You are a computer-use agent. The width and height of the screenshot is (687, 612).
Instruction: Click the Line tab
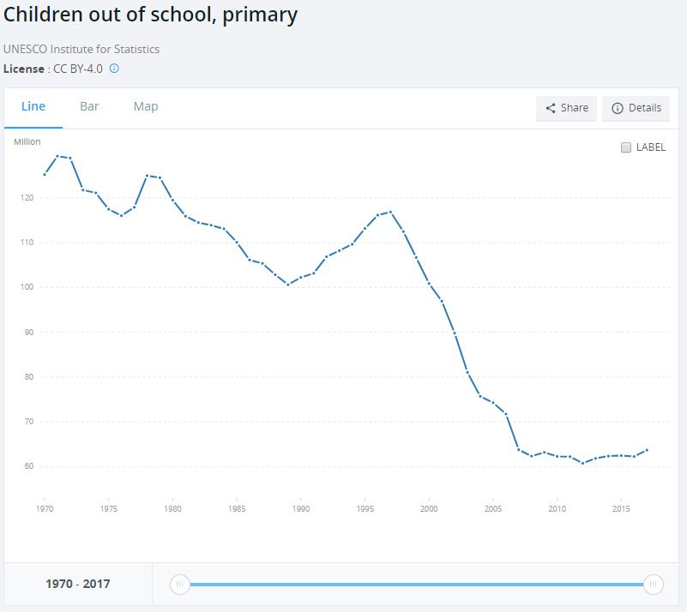[x=33, y=106]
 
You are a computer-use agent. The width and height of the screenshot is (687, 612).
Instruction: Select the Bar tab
[x=89, y=106]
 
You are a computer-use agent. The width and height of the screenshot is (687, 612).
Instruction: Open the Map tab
[x=146, y=106]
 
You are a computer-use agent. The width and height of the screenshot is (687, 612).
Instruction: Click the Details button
[x=636, y=108]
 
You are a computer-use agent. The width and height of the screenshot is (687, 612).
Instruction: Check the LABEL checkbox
[x=626, y=147]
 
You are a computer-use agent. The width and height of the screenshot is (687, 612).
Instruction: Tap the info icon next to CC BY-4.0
[x=114, y=69]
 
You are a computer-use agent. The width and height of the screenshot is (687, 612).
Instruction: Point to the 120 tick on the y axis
[x=27, y=198]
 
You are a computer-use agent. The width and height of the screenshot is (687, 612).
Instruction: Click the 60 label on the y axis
[x=29, y=466]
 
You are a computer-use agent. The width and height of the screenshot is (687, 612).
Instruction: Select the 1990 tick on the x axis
[x=301, y=508]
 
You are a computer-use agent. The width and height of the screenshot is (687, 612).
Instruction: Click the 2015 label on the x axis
[x=621, y=508]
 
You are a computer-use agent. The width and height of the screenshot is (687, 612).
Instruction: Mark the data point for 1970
[x=45, y=175]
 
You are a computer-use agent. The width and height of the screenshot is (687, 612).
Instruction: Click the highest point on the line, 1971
[x=57, y=156]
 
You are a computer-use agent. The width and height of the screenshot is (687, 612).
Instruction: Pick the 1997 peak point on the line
[x=390, y=213]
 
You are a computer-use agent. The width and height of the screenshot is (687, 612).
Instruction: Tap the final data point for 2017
[x=647, y=450]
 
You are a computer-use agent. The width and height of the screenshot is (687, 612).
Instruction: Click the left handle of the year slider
[x=179, y=585]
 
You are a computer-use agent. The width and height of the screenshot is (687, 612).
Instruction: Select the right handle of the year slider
[x=654, y=585]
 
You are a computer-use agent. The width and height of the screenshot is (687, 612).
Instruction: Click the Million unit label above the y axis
[x=27, y=141]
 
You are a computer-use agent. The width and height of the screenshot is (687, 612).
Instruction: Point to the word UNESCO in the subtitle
[x=26, y=49]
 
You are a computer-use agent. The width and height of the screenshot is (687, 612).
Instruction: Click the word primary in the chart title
[x=260, y=15]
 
